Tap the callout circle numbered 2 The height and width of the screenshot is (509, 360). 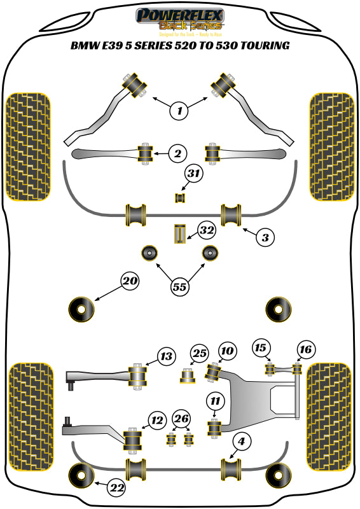pyautogui.click(x=177, y=153)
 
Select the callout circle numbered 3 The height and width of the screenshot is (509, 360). pyautogui.click(x=266, y=238)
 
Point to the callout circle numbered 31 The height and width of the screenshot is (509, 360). pyautogui.click(x=193, y=173)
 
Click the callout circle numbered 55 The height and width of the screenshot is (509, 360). pyautogui.click(x=180, y=287)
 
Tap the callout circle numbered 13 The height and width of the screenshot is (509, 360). pyautogui.click(x=166, y=357)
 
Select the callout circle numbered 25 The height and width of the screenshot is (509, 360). pyautogui.click(x=200, y=353)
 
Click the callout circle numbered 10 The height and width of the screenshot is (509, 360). pyautogui.click(x=227, y=350)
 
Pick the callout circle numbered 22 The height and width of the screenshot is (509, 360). pyautogui.click(x=116, y=488)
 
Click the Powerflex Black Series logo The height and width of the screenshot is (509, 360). pyautogui.click(x=180, y=20)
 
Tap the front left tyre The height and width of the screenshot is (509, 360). pyautogui.click(x=28, y=146)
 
